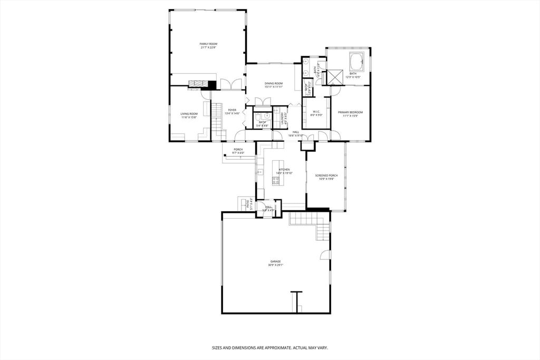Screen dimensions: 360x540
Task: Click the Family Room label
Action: [208, 44]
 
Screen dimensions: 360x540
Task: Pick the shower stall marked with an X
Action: [334, 77]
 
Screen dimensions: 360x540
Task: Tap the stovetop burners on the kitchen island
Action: [275, 180]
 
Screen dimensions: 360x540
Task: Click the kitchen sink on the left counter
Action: [260, 172]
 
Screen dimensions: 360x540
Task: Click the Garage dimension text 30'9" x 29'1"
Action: [275, 265]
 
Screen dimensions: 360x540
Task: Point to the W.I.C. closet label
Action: [316, 112]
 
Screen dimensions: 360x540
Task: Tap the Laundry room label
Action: [282, 119]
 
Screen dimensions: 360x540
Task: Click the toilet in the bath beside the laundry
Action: [267, 114]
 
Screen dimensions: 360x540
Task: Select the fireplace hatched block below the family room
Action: [199, 83]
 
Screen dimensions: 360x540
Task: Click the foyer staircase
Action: [217, 119]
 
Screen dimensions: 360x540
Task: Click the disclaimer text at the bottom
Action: [269, 348]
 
